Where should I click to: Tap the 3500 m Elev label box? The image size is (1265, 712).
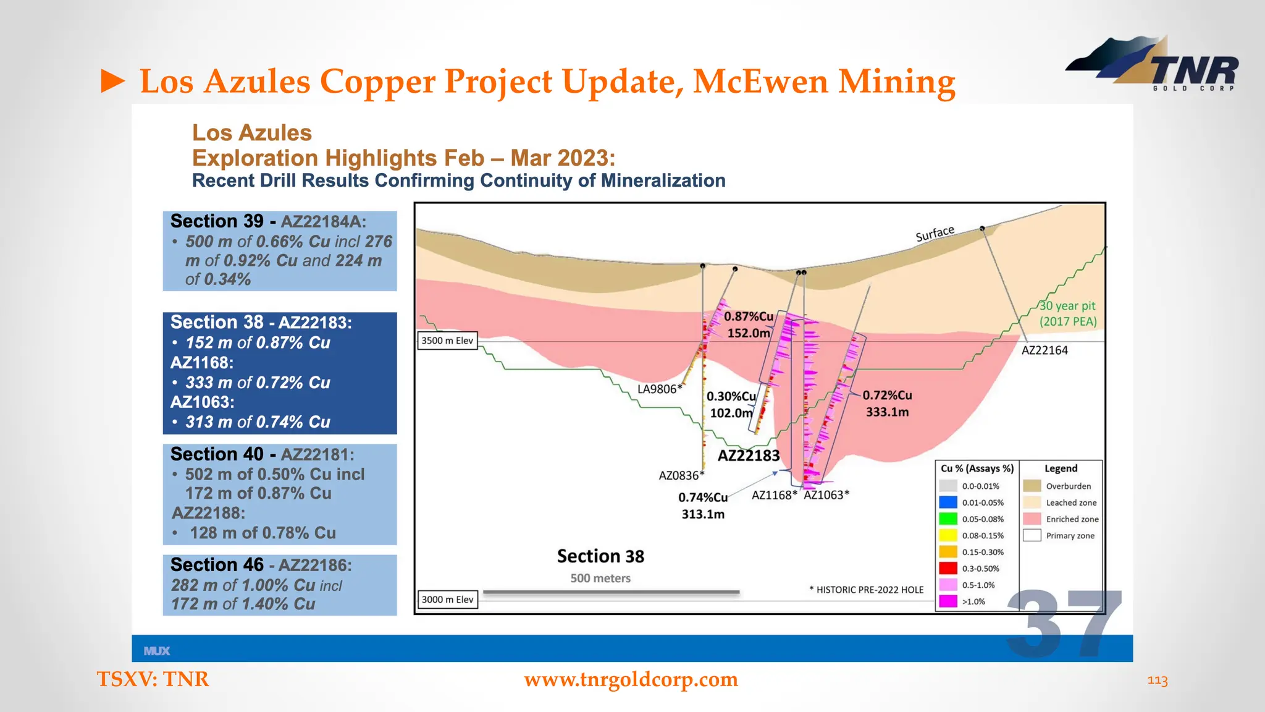[x=447, y=341]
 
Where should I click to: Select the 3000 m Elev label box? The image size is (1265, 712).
[x=447, y=600]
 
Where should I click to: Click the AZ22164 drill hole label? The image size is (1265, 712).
[x=1044, y=350]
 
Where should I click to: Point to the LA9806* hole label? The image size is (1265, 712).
[x=660, y=389]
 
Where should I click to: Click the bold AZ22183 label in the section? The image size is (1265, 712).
[x=749, y=456]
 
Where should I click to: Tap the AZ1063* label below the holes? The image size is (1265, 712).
[x=826, y=494]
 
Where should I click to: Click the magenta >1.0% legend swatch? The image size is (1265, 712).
[x=948, y=601]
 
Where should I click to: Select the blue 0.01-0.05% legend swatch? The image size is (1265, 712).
[x=948, y=502]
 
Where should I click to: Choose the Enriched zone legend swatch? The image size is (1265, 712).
[x=1032, y=519]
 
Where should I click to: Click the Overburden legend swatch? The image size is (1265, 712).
[x=1032, y=486]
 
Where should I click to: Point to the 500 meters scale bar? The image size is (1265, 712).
[x=611, y=592]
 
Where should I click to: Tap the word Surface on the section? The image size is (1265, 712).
[x=935, y=234]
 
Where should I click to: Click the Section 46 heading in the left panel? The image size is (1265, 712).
[x=217, y=565]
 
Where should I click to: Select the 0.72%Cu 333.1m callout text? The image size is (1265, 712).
[x=887, y=404]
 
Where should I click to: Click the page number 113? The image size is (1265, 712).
[x=1157, y=680]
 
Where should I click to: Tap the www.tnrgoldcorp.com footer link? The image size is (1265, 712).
[x=631, y=679]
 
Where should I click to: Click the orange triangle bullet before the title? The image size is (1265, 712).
[x=113, y=82]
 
